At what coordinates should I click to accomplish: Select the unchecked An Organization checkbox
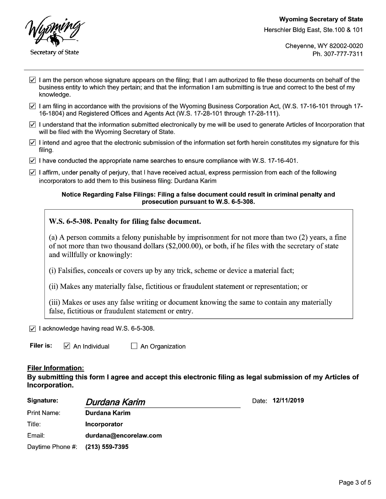(134, 346)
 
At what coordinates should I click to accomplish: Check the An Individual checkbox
(67, 346)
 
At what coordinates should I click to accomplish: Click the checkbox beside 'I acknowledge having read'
(32, 329)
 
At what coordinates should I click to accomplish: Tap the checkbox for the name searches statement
(32, 161)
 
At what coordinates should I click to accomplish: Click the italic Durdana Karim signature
(115, 402)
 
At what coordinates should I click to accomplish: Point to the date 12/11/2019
(288, 400)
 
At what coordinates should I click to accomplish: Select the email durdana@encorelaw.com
(123, 435)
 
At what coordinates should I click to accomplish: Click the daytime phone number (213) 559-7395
(107, 447)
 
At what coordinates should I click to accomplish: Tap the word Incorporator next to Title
(104, 424)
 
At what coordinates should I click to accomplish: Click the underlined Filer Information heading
(56, 368)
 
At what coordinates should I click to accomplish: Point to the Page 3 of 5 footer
(355, 482)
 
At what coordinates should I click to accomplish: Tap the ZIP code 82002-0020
(346, 46)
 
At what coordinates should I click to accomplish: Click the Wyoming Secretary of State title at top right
(321, 19)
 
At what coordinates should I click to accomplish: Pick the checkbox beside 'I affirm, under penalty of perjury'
(32, 172)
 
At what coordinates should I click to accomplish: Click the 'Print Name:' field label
(44, 413)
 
